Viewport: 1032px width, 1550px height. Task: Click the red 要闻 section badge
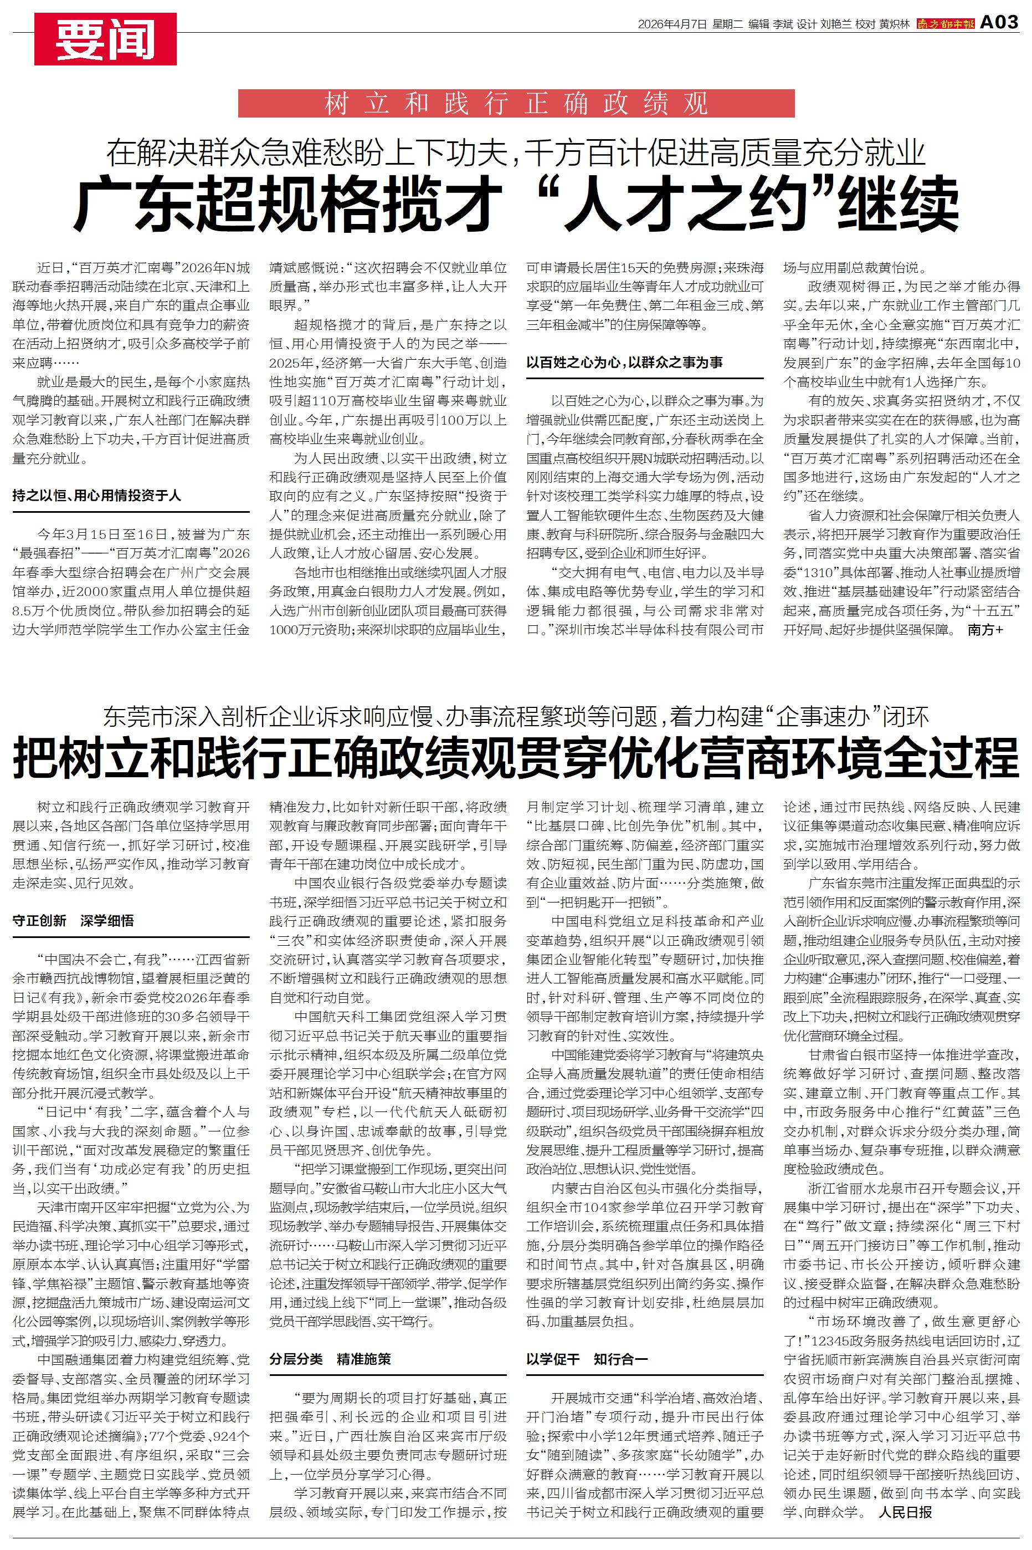[105, 39]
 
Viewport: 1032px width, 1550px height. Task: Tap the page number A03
[999, 22]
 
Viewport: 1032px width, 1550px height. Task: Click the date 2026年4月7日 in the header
[672, 24]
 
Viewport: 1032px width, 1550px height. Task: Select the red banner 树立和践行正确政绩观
[516, 103]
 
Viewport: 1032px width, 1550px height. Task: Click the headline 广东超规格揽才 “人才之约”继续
[516, 205]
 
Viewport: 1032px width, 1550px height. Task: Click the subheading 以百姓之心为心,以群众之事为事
[624, 362]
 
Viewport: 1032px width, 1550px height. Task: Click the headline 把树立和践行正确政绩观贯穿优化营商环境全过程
[516, 758]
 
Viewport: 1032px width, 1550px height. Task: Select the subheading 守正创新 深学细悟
[73, 920]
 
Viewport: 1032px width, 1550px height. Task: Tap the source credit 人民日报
[905, 1512]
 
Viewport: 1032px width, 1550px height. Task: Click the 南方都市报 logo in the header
[945, 24]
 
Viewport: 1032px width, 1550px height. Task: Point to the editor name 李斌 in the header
[783, 24]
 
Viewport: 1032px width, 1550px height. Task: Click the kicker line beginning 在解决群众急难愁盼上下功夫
[516, 153]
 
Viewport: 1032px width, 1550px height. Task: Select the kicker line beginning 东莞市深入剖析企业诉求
[516, 716]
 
